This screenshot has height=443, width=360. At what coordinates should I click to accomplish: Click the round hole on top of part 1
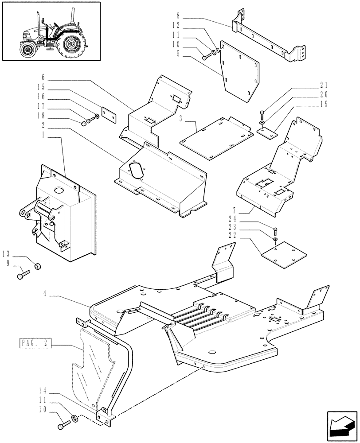[x=58, y=191]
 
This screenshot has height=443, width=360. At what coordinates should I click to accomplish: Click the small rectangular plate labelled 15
[x=109, y=114]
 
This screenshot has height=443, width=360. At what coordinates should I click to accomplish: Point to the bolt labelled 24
[x=276, y=230]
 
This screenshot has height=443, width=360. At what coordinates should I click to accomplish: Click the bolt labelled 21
[x=262, y=113]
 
